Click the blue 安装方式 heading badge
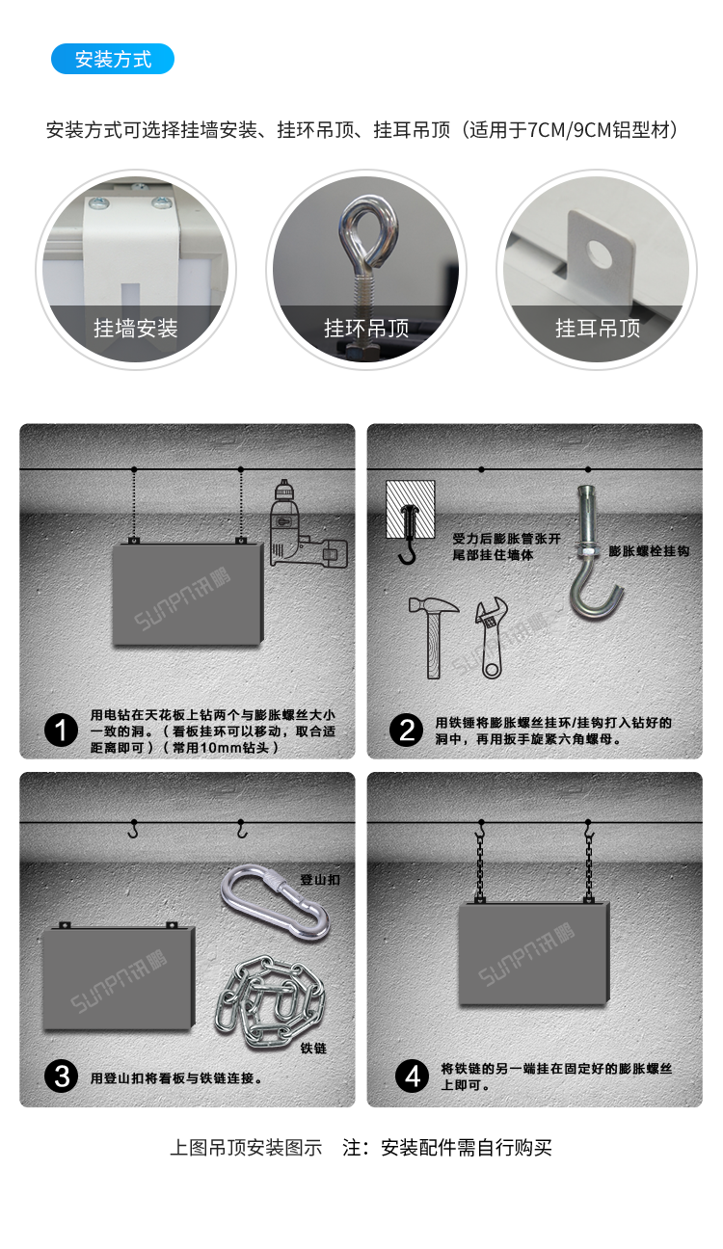pos(113,59)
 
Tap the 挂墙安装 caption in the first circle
pos(135,329)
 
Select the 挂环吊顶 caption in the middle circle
pos(366,329)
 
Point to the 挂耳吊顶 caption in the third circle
pos(598,329)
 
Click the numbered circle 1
pos(62,731)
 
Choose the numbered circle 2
pos(407,731)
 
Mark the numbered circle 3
pos(62,1076)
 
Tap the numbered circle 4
pos(413,1076)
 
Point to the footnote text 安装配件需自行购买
pos(467,1148)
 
